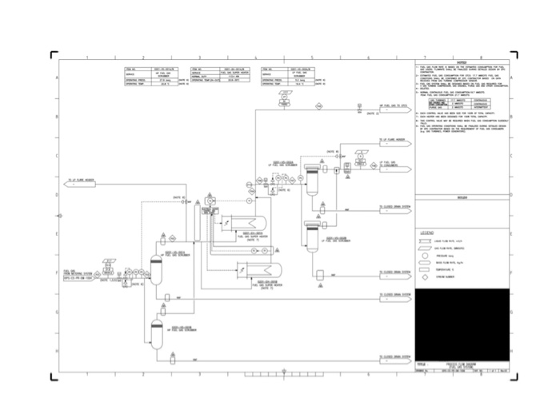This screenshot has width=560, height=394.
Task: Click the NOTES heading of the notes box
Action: pyautogui.click(x=462, y=62)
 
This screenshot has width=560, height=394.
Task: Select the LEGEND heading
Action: pyautogui.click(x=426, y=233)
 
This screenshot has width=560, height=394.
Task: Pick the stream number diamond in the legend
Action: pyautogui.click(x=426, y=277)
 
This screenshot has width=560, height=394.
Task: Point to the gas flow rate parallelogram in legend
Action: pyautogui.click(x=426, y=248)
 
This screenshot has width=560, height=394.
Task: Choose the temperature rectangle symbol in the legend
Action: pyautogui.click(x=426, y=269)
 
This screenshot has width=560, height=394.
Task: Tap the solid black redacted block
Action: pyautogui.click(x=462, y=324)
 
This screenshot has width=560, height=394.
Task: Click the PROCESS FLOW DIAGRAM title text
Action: pyautogui.click(x=445, y=362)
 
